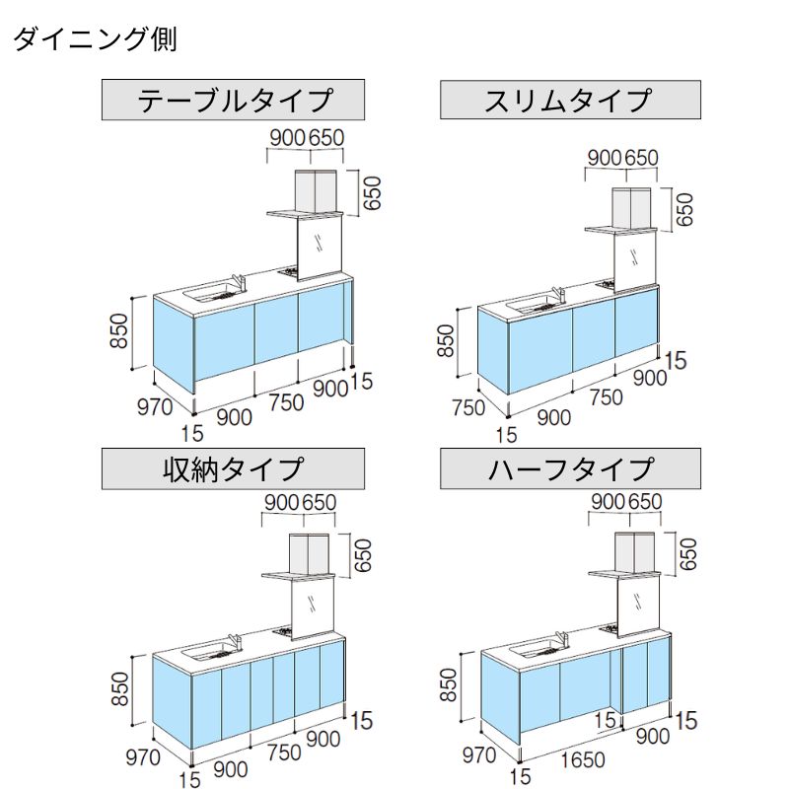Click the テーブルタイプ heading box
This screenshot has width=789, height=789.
coord(234,101)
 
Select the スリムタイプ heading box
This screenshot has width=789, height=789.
coord(570,101)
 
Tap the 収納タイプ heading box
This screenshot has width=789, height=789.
coord(234,468)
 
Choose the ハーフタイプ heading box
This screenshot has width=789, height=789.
coord(570,468)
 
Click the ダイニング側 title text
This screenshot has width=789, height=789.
coord(95,40)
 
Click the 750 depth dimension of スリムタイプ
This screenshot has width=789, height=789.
coord(467,407)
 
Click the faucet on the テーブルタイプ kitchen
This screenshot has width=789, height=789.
coord(236,281)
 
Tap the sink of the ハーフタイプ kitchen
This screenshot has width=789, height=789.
coord(534,649)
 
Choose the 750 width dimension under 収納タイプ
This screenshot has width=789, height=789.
coord(285,752)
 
